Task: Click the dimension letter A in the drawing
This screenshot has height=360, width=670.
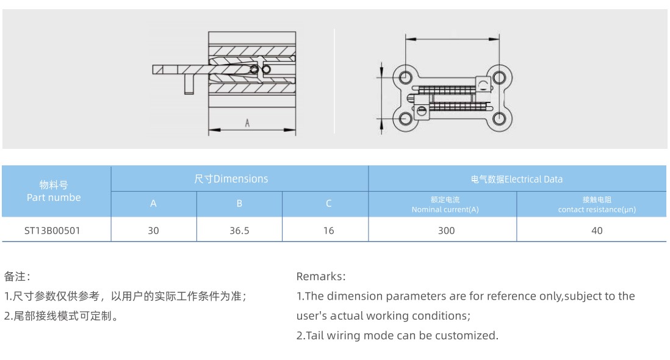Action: (x=247, y=123)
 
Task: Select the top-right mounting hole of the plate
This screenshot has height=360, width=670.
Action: (x=499, y=77)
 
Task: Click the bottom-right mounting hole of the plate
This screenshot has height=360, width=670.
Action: (x=499, y=118)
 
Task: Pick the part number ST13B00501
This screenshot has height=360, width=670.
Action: (x=52, y=231)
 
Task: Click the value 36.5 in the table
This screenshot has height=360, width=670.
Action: (x=239, y=231)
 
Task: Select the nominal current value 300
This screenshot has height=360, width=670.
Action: (x=446, y=231)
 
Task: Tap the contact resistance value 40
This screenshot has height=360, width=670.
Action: (x=597, y=231)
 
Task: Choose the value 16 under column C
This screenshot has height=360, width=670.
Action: (x=328, y=231)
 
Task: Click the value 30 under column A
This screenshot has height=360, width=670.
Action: (x=153, y=231)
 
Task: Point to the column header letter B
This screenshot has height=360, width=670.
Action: (x=239, y=204)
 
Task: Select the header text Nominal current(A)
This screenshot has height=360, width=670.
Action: (x=445, y=209)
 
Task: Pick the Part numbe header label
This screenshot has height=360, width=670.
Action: (x=54, y=197)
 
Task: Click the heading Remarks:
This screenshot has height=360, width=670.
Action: (x=321, y=276)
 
